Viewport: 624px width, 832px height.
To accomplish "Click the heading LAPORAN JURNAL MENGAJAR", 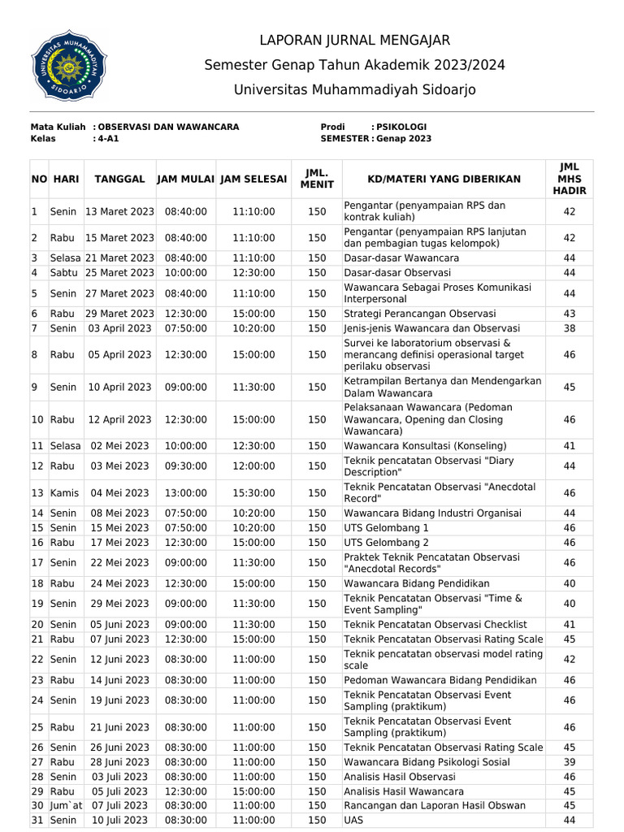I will [354, 41].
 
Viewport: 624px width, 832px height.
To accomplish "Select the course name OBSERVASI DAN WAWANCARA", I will [168, 127].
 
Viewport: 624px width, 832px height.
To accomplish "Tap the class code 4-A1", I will [108, 139].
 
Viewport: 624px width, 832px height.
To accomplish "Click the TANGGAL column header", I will [119, 179].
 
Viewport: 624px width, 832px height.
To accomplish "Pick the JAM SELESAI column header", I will [253, 179].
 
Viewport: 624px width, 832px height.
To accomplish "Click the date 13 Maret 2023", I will [119, 212].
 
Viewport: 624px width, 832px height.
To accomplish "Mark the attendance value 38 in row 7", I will [569, 328].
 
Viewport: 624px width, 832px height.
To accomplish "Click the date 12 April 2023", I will [119, 420].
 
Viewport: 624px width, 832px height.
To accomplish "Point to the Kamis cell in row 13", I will [64, 493].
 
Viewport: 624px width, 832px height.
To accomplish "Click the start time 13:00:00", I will [185, 493].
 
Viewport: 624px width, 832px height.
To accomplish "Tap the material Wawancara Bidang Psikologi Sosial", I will [427, 762].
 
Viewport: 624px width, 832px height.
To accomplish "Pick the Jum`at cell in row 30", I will [64, 806].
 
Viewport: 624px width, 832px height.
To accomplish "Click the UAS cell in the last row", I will [354, 821].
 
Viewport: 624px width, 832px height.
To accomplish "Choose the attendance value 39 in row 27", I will [569, 762].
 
